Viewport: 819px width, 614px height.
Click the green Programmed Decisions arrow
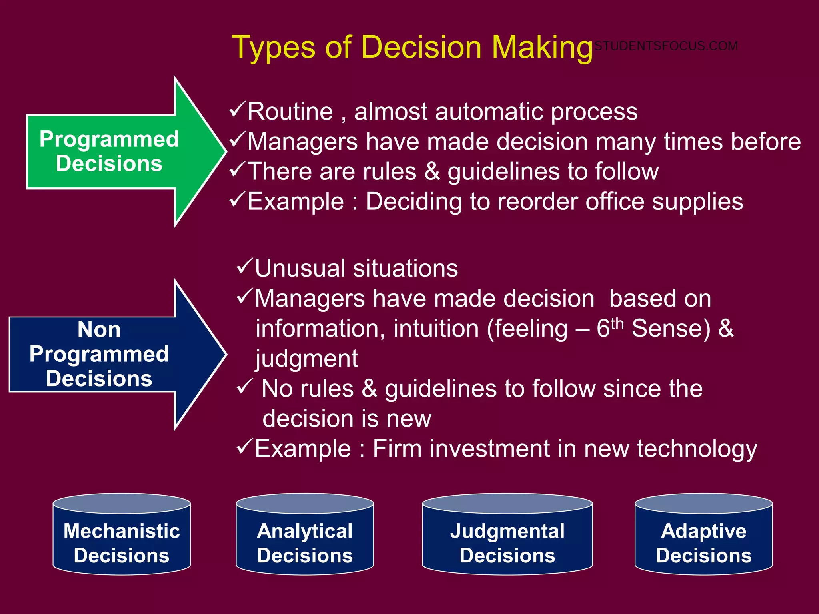[x=120, y=152]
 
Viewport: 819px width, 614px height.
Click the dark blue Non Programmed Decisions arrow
[x=112, y=354]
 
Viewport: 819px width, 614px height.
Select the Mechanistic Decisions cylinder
[x=122, y=536]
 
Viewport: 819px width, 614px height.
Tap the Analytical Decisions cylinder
[x=305, y=536]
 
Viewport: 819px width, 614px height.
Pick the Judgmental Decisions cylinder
[x=507, y=536]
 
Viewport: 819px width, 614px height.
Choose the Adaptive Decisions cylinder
[x=704, y=536]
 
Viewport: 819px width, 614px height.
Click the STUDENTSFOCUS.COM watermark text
[x=666, y=46]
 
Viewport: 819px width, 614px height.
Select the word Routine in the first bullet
[x=290, y=112]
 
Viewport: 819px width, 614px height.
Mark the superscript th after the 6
[x=617, y=323]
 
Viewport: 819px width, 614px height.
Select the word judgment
[x=307, y=359]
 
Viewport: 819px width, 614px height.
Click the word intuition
[x=436, y=329]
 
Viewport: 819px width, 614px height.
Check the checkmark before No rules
[x=244, y=386]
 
